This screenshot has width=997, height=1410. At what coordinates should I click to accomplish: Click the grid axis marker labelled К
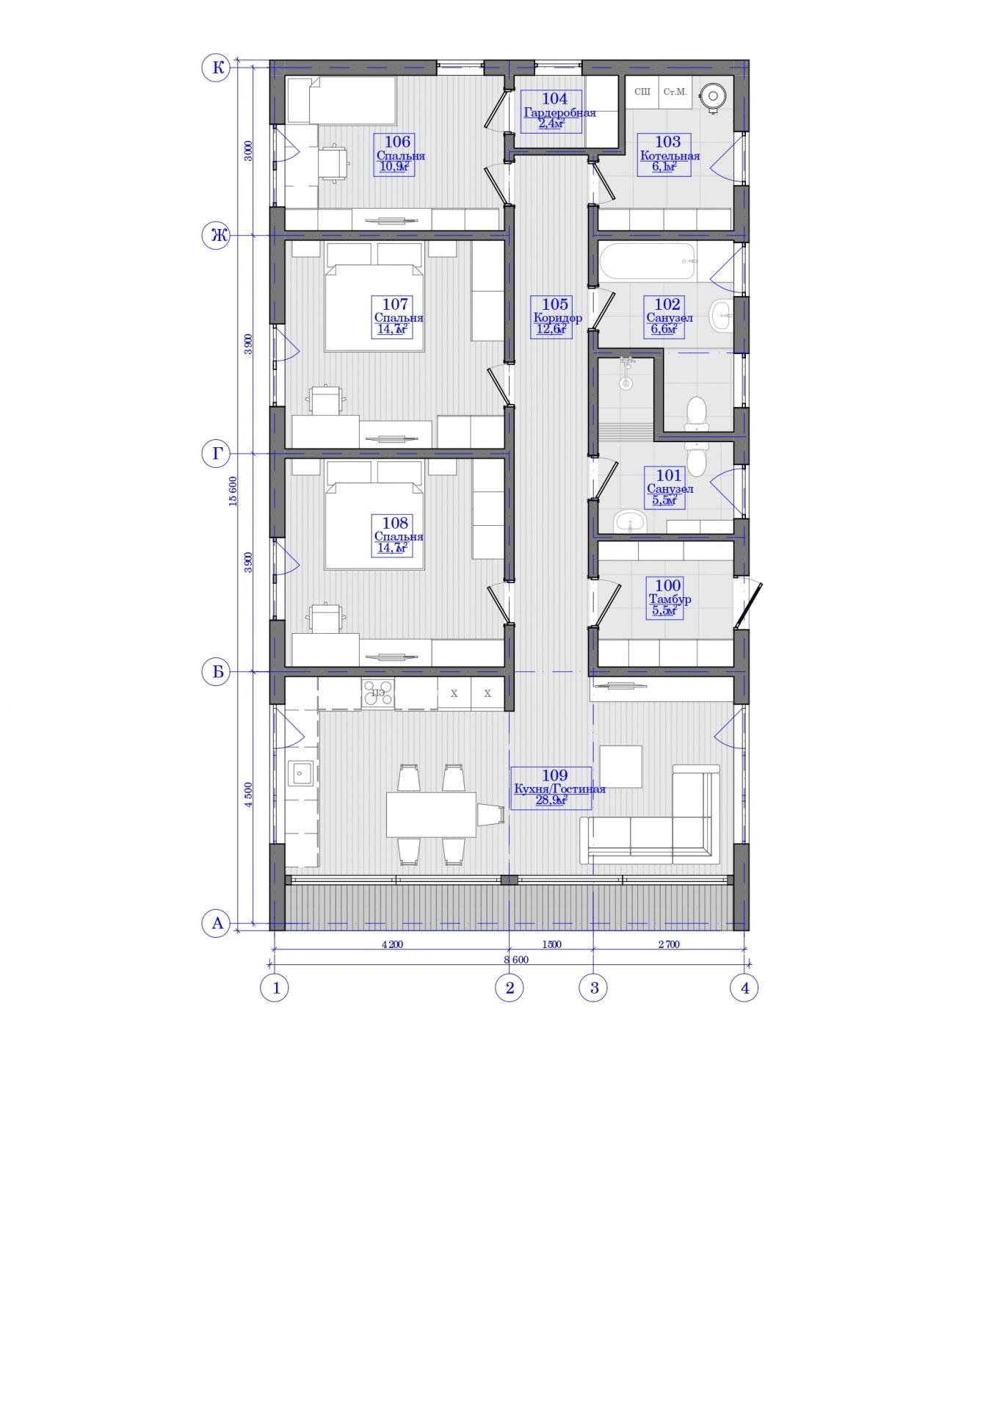[x=217, y=68]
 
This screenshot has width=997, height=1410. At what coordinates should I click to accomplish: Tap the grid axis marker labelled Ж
[x=217, y=236]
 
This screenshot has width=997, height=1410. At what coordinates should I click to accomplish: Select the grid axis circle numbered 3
[x=594, y=988]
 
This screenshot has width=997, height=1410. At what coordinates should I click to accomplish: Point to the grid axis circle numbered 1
[x=275, y=988]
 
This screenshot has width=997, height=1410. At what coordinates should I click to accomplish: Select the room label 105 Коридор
[x=554, y=317]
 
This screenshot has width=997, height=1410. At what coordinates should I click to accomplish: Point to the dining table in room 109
[x=431, y=814]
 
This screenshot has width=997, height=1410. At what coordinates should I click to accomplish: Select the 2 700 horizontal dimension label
[x=668, y=944]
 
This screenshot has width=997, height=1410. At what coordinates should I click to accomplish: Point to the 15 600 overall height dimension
[x=233, y=491]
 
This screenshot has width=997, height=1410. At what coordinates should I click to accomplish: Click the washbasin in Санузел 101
[x=629, y=521]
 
